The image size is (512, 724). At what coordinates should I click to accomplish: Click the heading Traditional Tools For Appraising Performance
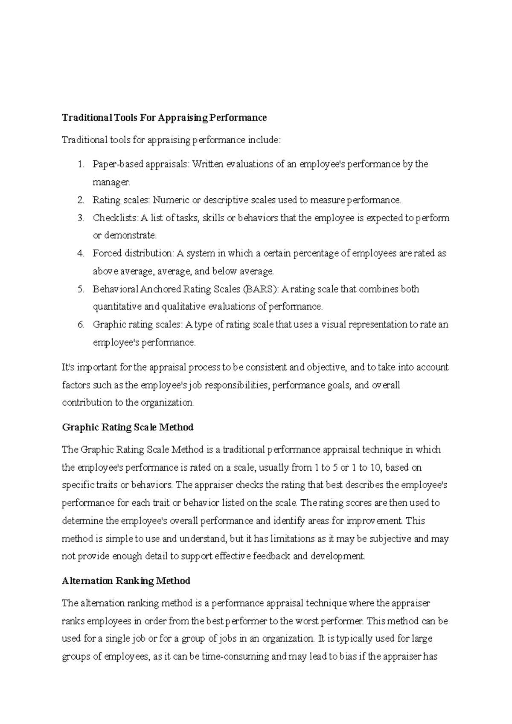(164, 118)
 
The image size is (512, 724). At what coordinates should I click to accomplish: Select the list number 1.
(81, 164)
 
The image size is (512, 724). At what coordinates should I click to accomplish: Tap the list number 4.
(81, 254)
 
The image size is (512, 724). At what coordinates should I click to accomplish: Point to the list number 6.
(81, 325)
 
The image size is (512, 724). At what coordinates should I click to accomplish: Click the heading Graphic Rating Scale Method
(128, 427)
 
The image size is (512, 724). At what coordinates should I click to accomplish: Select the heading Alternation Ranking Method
(126, 581)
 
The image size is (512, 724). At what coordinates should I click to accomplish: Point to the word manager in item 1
(111, 182)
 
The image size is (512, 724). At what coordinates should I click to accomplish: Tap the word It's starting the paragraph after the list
(68, 367)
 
